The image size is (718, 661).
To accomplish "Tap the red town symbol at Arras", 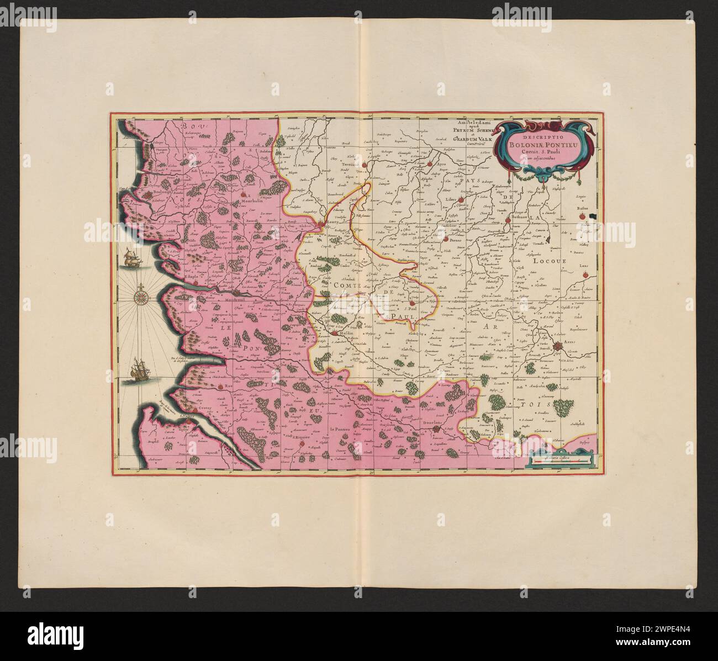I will pyautogui.click(x=559, y=346).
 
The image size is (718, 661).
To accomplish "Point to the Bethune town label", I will pyautogui.click(x=520, y=218).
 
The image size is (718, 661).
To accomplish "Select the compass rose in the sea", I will pyautogui.click(x=142, y=299).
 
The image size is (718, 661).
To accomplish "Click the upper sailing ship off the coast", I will pyautogui.click(x=132, y=258).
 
